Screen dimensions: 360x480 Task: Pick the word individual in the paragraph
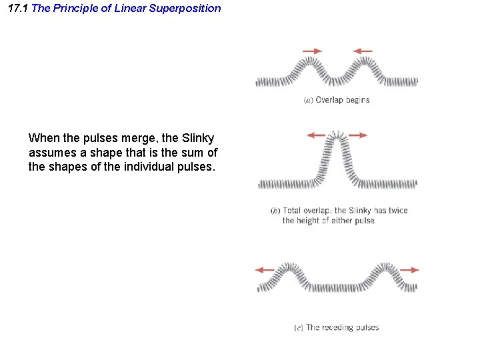149,167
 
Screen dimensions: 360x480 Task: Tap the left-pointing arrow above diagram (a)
363,51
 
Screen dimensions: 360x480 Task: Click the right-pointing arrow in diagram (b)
357,135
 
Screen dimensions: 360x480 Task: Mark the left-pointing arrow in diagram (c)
265,270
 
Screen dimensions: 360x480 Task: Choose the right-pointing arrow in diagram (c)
410,270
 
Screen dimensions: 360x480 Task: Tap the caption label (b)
275,211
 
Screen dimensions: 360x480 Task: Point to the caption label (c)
299,327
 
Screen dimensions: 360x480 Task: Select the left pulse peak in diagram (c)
289,267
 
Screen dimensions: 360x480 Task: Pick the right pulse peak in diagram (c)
387,267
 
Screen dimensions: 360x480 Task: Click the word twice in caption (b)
398,211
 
